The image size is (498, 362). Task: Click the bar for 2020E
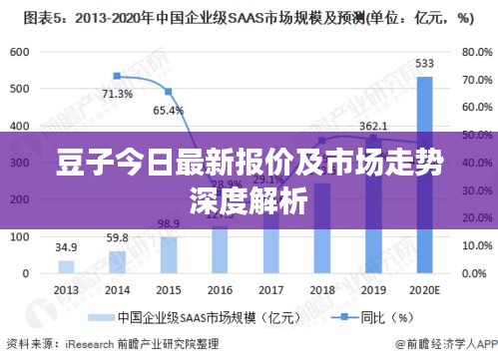click(x=425, y=175)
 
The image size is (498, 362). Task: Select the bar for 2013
click(x=66, y=266)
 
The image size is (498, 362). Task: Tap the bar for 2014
click(x=118, y=261)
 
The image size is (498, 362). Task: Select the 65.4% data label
click(x=168, y=111)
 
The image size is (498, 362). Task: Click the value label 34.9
click(x=66, y=246)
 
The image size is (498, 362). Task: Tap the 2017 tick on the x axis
click(x=270, y=288)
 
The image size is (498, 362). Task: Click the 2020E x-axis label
click(x=425, y=288)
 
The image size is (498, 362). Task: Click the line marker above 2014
click(x=118, y=76)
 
